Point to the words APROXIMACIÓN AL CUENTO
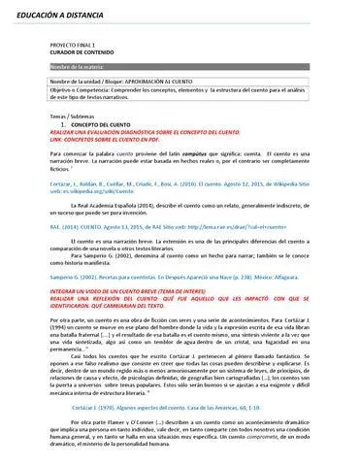[160, 82]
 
